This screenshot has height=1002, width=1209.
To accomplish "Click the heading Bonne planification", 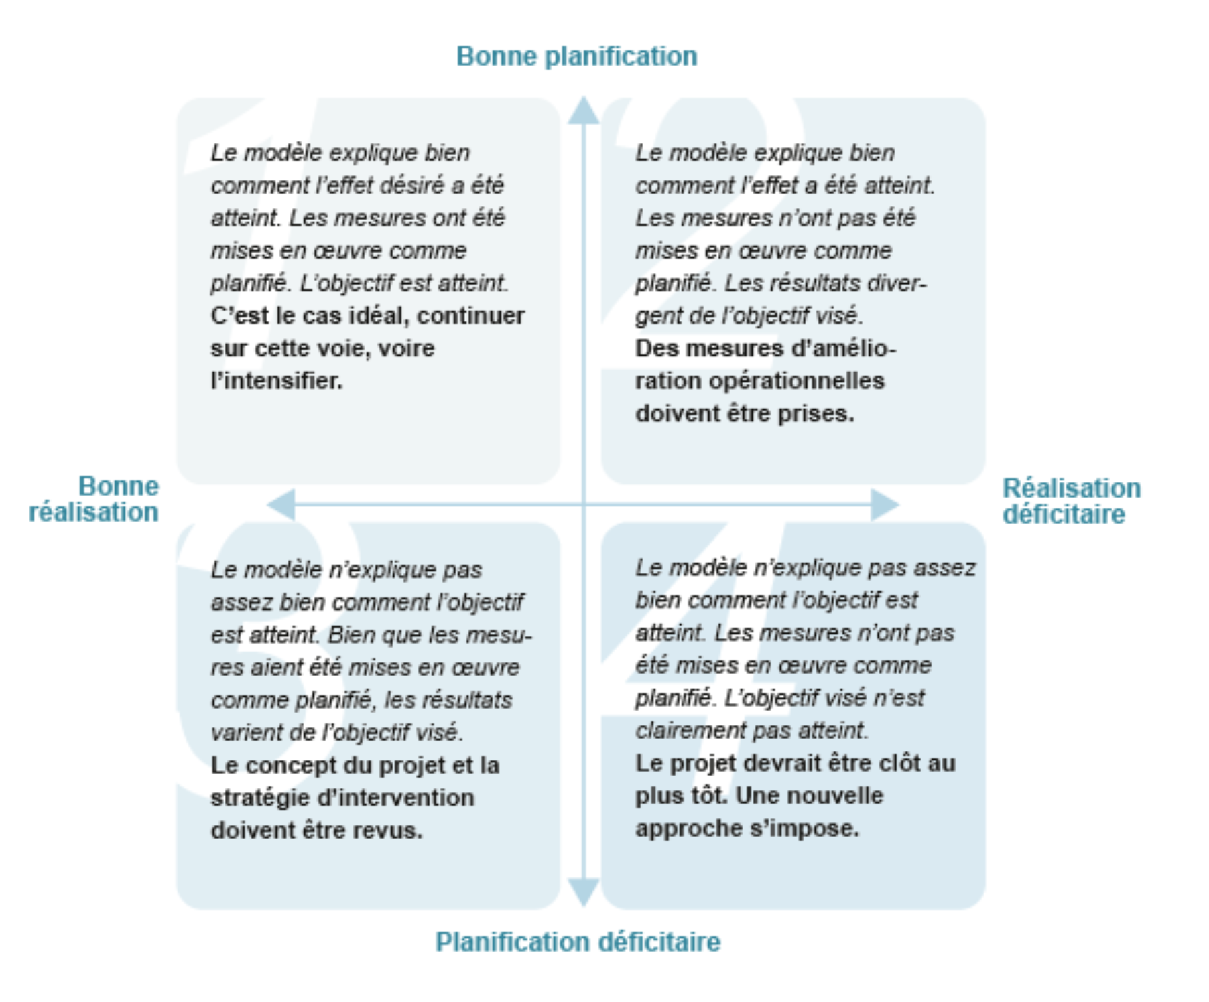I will pos(576,56).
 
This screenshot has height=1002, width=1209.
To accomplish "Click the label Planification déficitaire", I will pos(578,942).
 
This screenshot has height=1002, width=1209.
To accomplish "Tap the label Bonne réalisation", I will pos(94,499).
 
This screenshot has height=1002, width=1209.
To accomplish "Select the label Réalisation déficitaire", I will pos(1071,501).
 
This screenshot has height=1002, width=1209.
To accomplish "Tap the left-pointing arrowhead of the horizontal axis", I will pos(281,504).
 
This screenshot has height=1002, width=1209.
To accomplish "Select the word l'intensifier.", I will pos(276,381).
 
